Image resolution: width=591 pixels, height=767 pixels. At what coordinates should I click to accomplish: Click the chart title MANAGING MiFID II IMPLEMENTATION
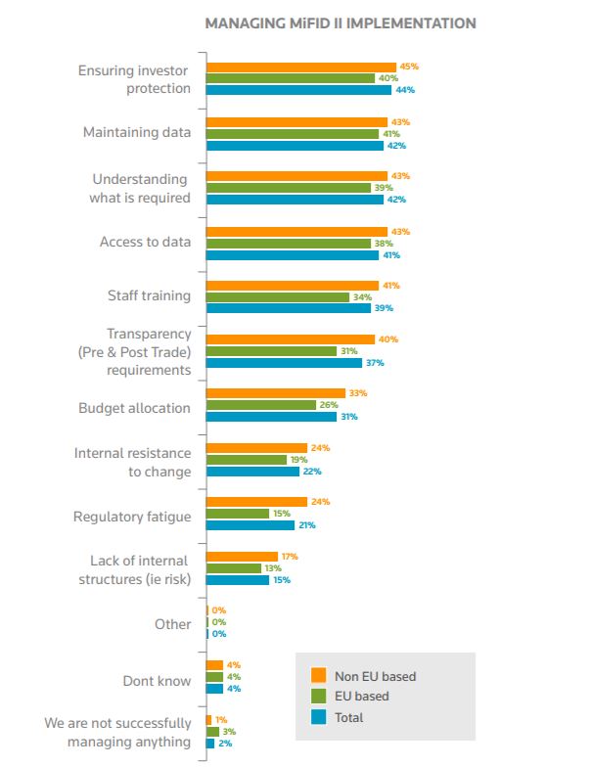(x=341, y=23)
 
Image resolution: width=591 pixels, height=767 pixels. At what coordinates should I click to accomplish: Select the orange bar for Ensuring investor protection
(x=300, y=67)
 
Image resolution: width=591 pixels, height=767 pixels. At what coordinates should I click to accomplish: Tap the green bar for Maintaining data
(x=292, y=134)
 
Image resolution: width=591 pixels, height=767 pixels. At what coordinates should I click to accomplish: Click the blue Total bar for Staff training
(x=288, y=308)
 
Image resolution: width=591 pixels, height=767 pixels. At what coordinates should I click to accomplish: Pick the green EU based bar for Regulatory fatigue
(x=237, y=513)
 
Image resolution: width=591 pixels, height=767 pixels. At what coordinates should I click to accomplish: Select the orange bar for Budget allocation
(x=275, y=393)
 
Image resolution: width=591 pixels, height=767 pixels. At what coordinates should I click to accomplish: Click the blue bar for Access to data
(x=292, y=254)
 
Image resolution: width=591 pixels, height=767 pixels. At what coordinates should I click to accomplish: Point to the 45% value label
(x=409, y=67)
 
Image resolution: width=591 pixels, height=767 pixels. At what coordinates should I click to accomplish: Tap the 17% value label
(x=290, y=556)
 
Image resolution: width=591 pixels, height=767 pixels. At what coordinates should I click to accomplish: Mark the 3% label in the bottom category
(x=228, y=731)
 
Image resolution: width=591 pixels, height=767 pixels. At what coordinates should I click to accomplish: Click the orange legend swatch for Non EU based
(x=318, y=675)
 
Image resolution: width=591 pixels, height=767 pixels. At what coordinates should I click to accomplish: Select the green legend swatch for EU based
(x=318, y=696)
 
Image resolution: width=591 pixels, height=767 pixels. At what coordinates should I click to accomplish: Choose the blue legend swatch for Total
(x=318, y=717)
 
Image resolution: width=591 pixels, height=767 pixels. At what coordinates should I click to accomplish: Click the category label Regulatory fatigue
(x=132, y=516)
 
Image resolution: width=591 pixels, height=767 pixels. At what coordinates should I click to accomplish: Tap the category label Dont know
(x=157, y=680)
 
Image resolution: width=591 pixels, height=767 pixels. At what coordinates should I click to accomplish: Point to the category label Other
(x=172, y=623)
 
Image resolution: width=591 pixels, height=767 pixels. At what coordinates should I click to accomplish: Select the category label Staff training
(x=149, y=295)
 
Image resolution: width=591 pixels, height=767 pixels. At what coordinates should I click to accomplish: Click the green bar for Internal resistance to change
(x=246, y=459)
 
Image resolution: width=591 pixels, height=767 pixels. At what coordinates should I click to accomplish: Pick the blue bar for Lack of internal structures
(x=237, y=579)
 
